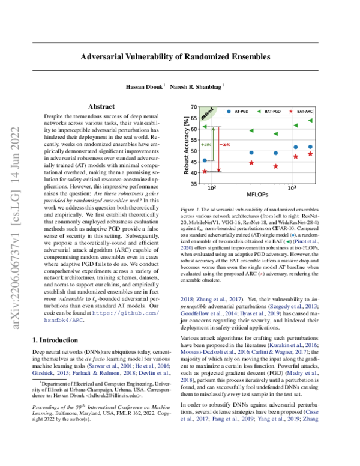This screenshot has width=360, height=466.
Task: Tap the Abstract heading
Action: (x=97, y=106)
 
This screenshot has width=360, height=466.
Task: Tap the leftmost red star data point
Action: (x=205, y=171)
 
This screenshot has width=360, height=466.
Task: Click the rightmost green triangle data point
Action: (x=310, y=121)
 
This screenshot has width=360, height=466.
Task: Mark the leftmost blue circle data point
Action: (x=205, y=160)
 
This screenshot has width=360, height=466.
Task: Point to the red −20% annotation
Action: (x=226, y=145)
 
